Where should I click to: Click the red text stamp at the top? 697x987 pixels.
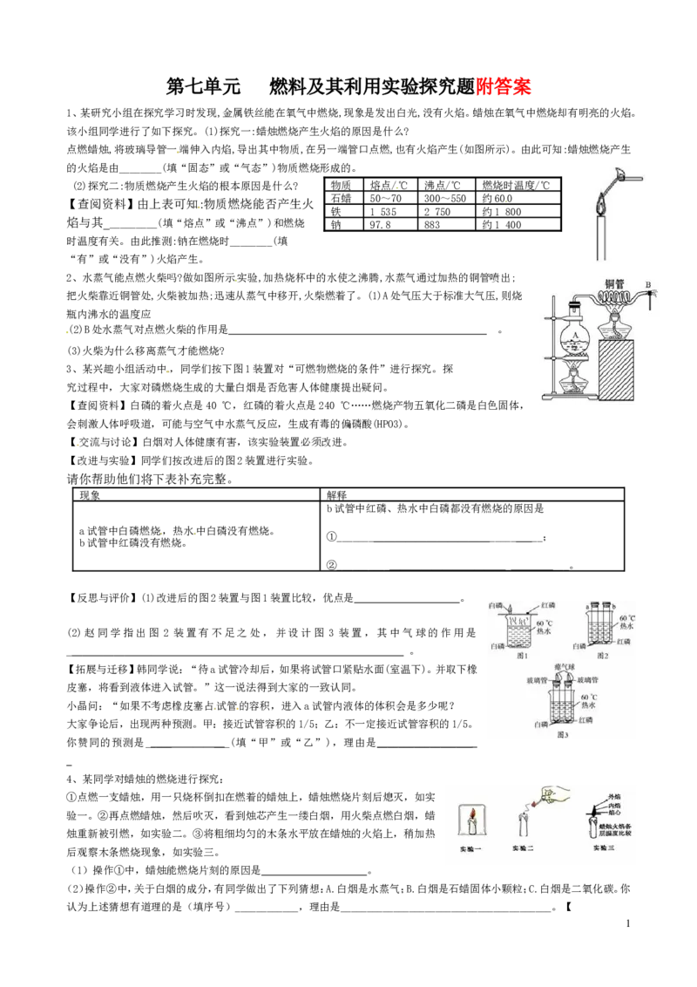[x=504, y=86]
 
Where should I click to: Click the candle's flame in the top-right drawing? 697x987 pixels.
[x=599, y=206]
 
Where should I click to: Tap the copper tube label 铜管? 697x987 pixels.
[x=619, y=283]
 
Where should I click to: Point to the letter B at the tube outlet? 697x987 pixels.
[x=647, y=284]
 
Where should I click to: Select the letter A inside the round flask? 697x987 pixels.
[x=576, y=336]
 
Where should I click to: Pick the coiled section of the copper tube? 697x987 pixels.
[x=619, y=299]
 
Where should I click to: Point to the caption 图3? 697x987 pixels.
[x=562, y=734]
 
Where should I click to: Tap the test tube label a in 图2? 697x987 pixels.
[x=589, y=605]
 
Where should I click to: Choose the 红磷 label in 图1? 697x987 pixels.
[x=549, y=605]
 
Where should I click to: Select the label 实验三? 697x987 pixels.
[x=604, y=848]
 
